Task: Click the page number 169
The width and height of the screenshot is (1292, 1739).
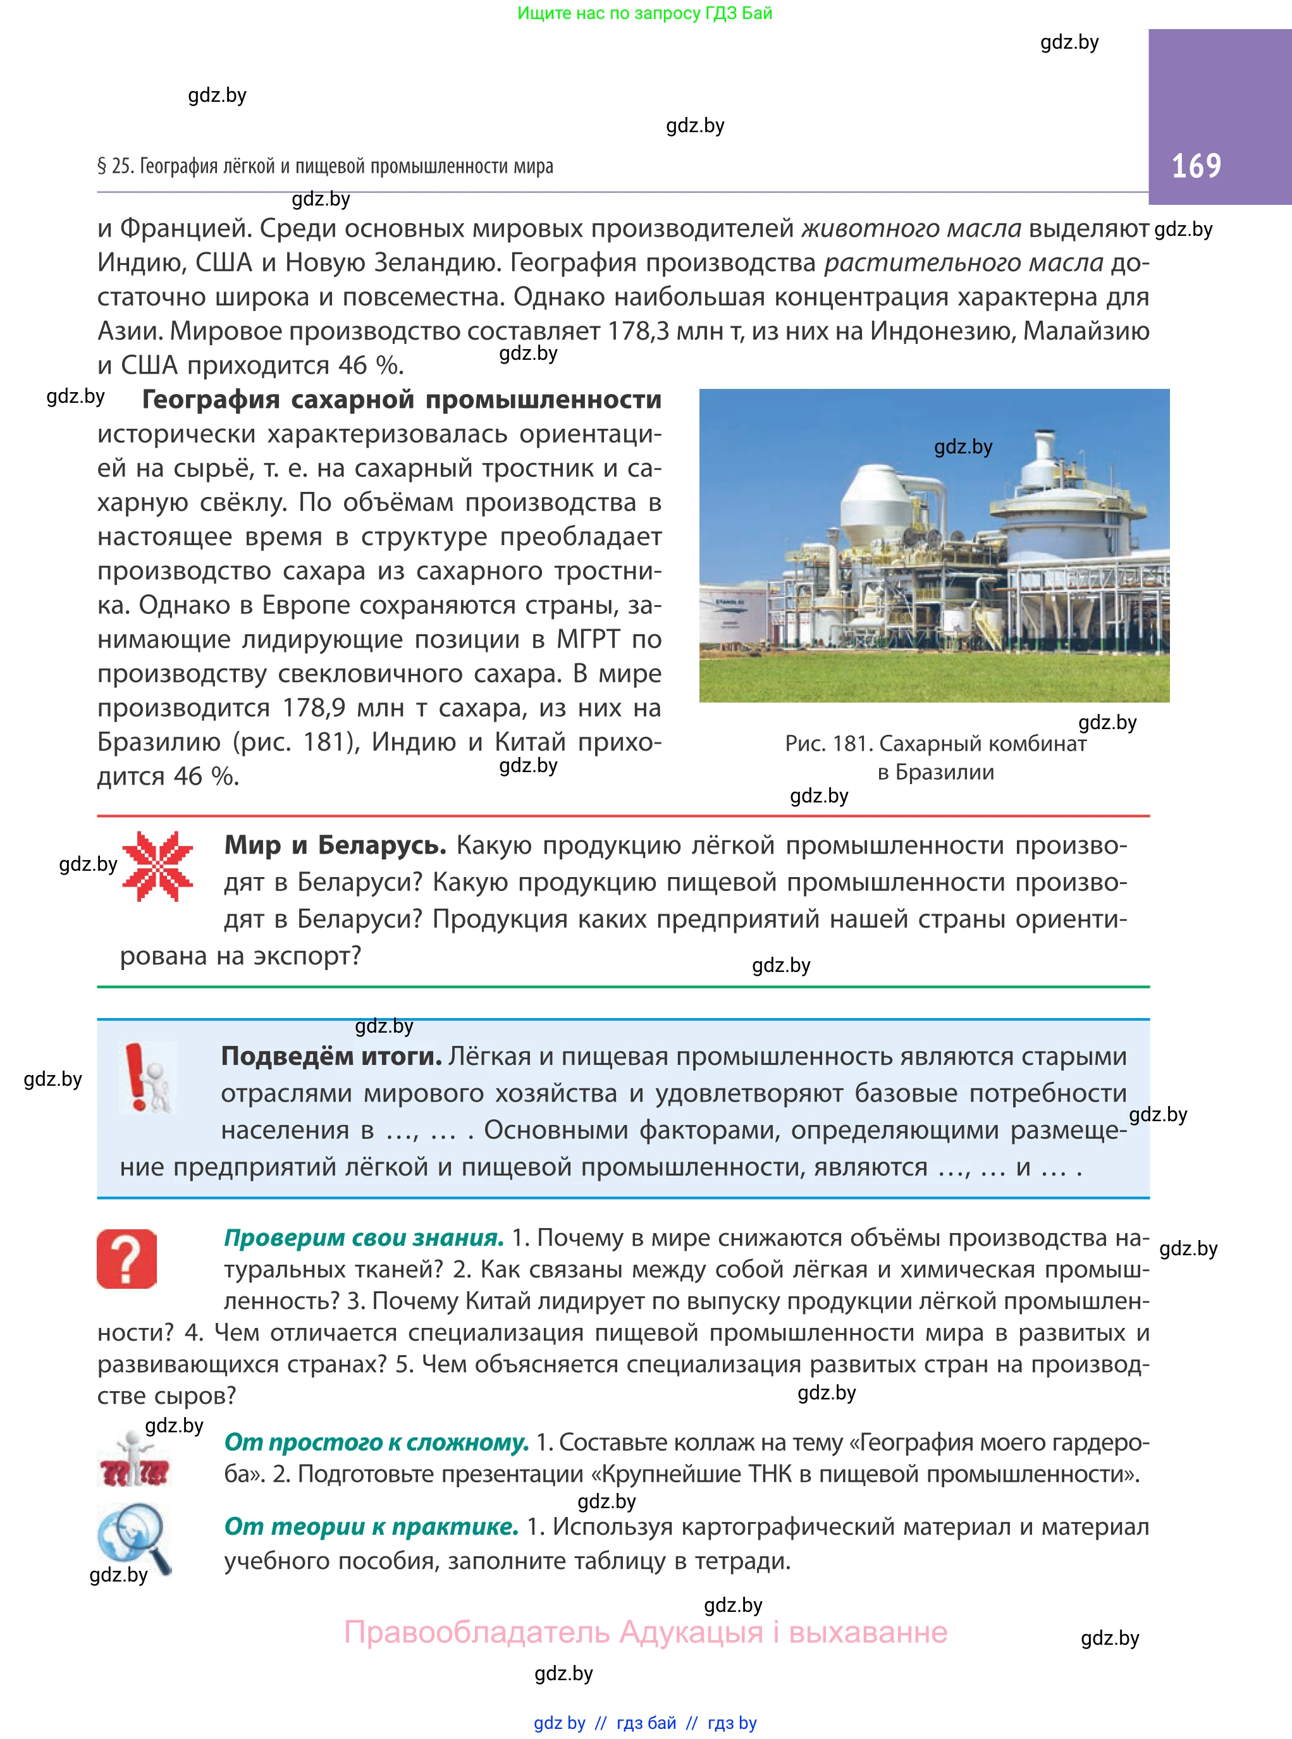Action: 1196,166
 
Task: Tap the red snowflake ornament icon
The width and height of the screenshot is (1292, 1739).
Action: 157,866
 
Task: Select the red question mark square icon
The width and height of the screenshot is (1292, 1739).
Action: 126,1258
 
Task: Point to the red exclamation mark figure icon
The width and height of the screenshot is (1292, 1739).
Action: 146,1078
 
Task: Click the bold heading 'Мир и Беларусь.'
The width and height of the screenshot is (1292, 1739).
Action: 335,845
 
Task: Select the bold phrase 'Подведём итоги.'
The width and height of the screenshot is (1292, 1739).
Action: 331,1057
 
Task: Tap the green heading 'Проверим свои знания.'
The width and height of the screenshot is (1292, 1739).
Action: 364,1238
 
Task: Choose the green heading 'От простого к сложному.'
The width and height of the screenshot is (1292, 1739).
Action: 376,1442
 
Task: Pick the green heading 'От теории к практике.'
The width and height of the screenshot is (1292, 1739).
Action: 371,1527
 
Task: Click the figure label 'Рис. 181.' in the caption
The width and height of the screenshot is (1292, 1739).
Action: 828,744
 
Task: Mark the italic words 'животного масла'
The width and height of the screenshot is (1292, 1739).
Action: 912,228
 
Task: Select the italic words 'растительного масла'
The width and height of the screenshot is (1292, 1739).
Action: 964,262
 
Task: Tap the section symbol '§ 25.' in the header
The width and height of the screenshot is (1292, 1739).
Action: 115,166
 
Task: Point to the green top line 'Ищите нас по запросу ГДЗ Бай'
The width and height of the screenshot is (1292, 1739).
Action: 644,13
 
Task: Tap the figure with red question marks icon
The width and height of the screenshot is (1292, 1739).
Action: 133,1462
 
